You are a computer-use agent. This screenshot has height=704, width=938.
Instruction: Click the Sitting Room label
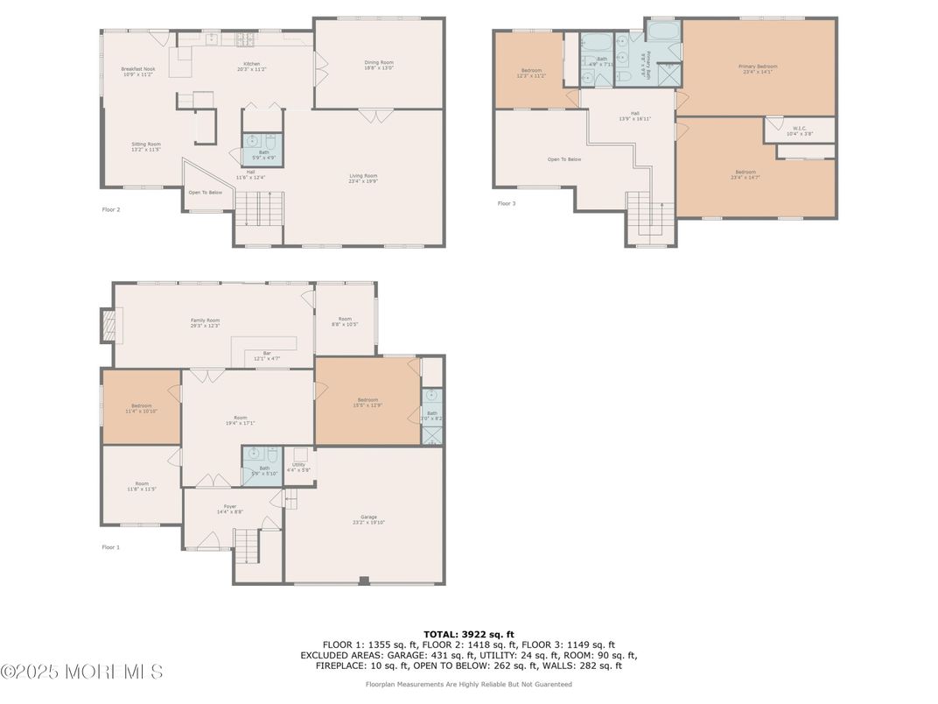[146, 146]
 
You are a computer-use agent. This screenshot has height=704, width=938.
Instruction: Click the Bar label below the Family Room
[267, 355]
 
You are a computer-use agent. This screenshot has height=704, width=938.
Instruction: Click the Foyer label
[230, 509]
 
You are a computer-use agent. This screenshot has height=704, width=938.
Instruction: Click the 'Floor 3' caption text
[507, 203]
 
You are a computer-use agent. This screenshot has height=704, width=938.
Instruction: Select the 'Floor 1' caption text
[110, 547]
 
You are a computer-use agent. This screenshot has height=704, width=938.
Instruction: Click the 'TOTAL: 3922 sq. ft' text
[469, 633]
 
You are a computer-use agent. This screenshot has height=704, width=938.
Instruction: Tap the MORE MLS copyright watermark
[81, 672]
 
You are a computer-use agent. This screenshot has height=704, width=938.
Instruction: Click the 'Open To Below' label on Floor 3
[563, 159]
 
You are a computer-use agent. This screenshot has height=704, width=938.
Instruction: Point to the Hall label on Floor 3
[634, 115]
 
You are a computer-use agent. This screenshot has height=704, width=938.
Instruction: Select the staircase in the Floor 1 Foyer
[247, 546]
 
